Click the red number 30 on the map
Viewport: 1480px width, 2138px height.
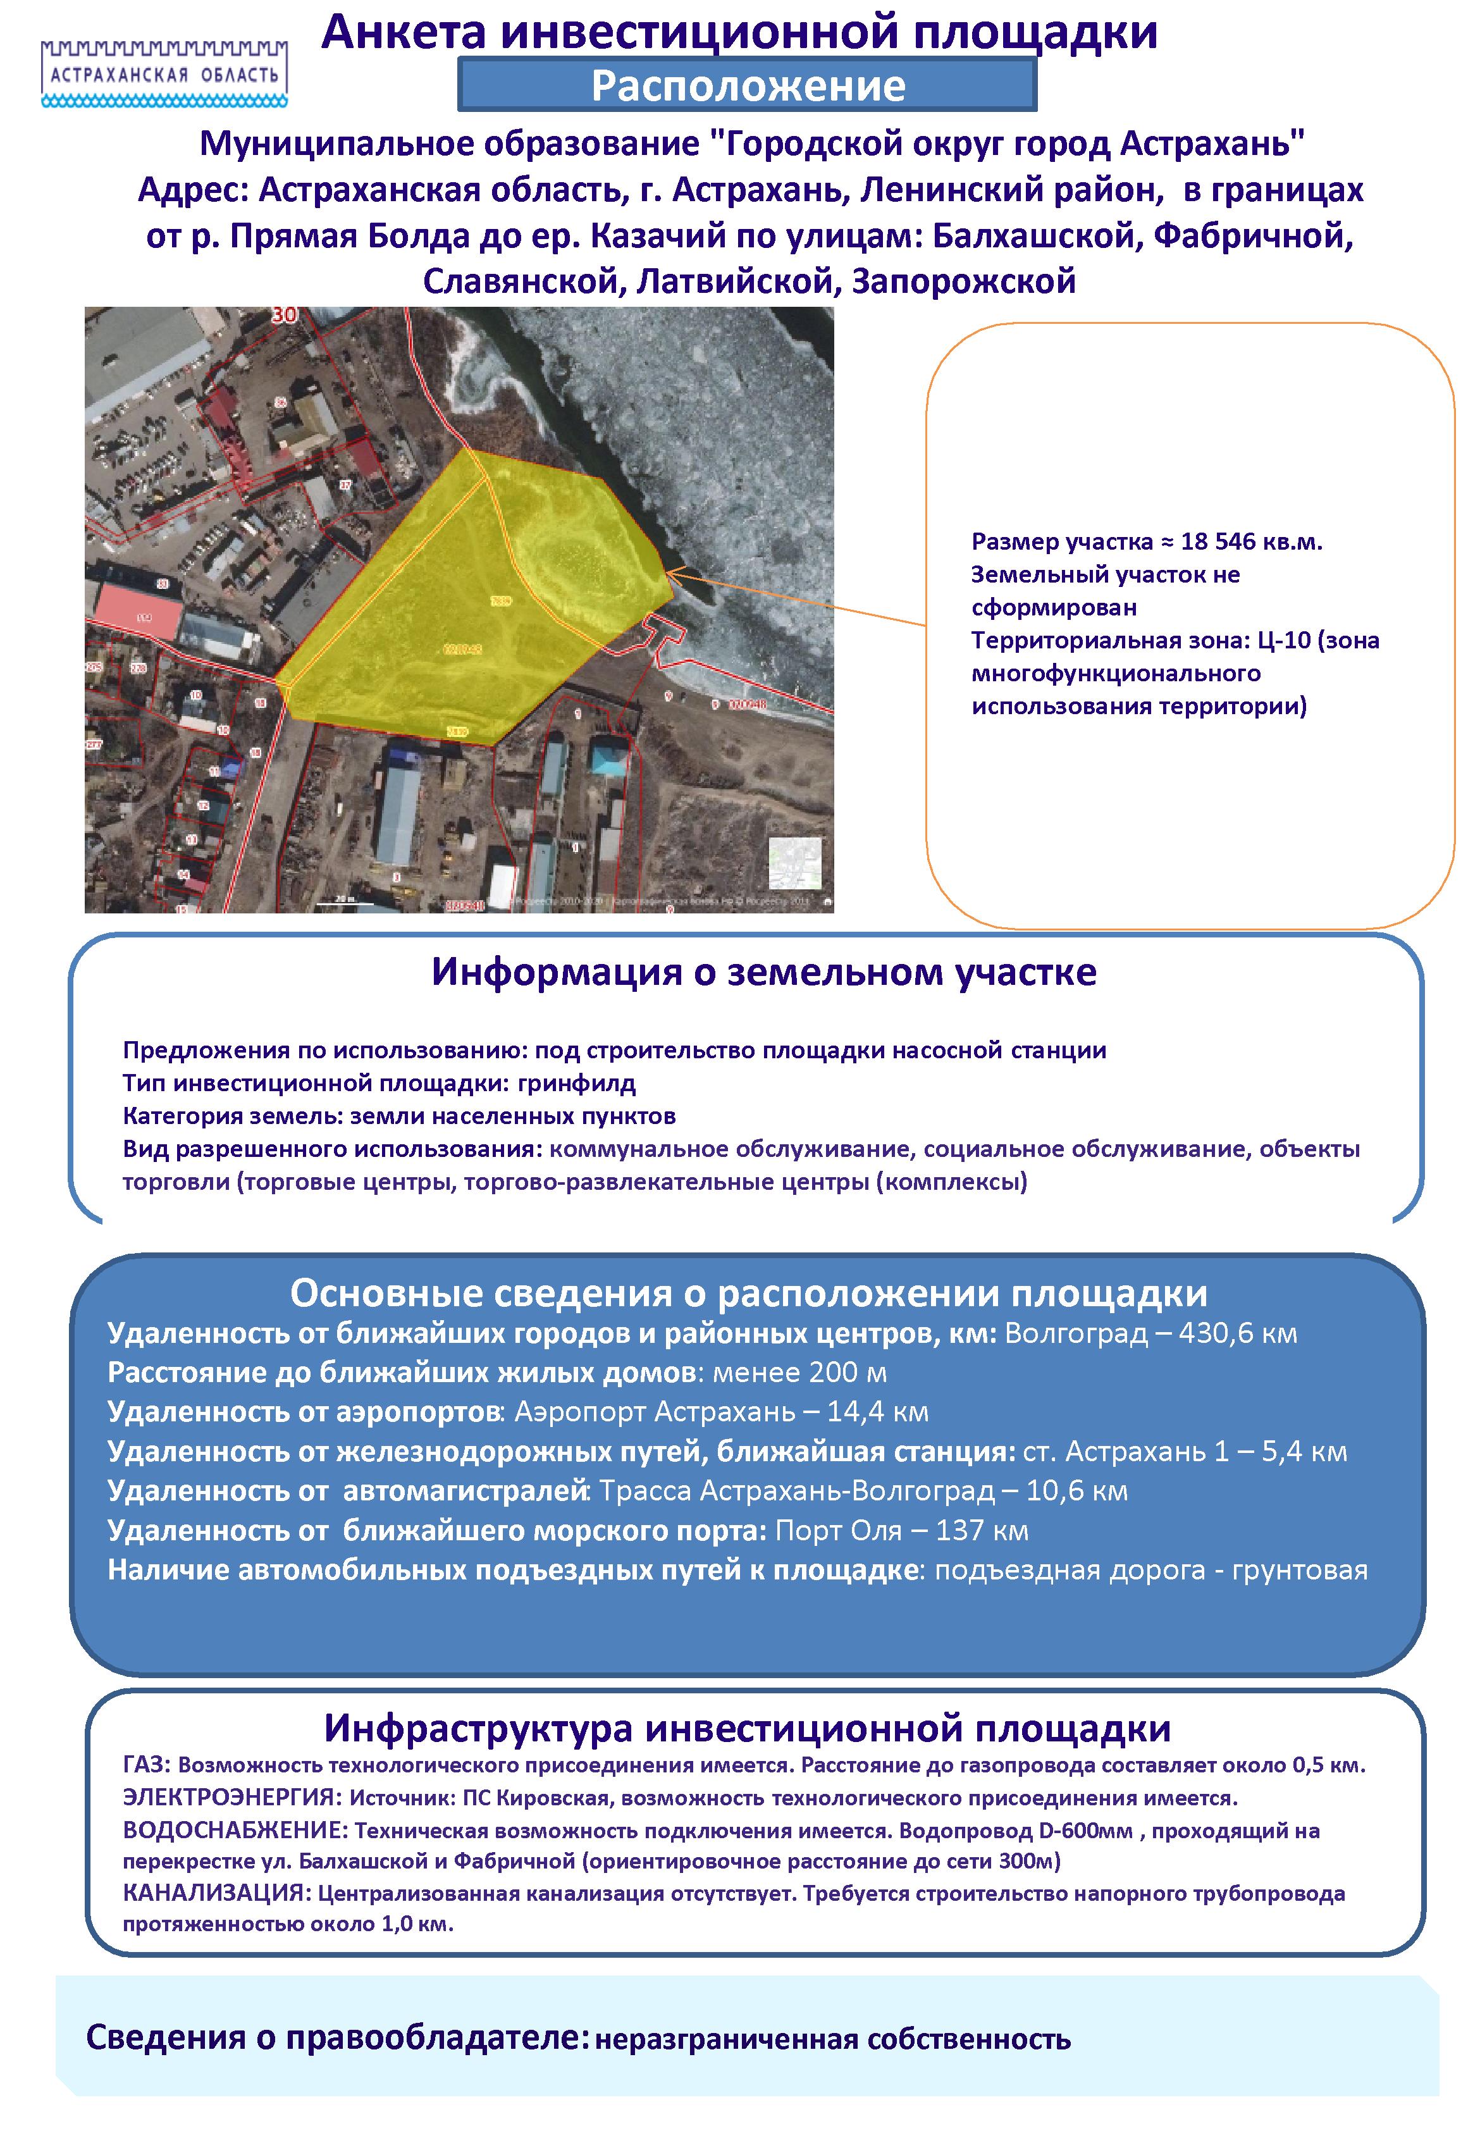click(285, 315)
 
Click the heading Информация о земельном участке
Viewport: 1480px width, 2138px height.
click(763, 972)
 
